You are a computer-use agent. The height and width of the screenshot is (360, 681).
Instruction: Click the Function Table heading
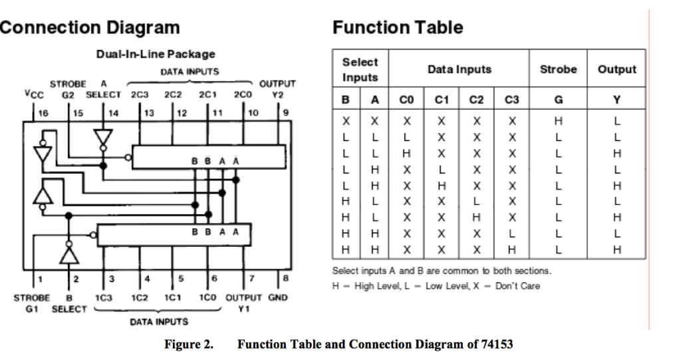pyautogui.click(x=398, y=27)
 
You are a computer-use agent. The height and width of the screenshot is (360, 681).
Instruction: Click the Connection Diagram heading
pyautogui.click(x=90, y=27)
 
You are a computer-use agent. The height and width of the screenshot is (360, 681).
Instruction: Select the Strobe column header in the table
pyautogui.click(x=558, y=69)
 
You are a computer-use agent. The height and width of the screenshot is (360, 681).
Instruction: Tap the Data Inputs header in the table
pyautogui.click(x=459, y=69)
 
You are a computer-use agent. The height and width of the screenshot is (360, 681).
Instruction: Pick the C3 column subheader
pyautogui.click(x=511, y=100)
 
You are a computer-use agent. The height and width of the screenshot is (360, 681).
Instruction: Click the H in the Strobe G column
pyautogui.click(x=558, y=122)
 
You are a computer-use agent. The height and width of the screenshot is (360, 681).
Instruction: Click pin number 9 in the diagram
pyautogui.click(x=285, y=113)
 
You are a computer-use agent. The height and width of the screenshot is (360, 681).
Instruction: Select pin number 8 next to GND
pyautogui.click(x=285, y=277)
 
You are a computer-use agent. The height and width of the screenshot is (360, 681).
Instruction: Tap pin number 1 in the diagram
pyautogui.click(x=40, y=278)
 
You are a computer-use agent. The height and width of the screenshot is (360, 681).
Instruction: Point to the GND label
pyautogui.click(x=277, y=297)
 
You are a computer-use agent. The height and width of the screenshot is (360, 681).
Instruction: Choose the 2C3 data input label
pyautogui.click(x=140, y=94)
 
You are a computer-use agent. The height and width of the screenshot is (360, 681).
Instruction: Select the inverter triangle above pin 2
pyautogui.click(x=68, y=253)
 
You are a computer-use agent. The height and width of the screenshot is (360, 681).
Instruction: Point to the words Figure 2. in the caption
pyautogui.click(x=189, y=345)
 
